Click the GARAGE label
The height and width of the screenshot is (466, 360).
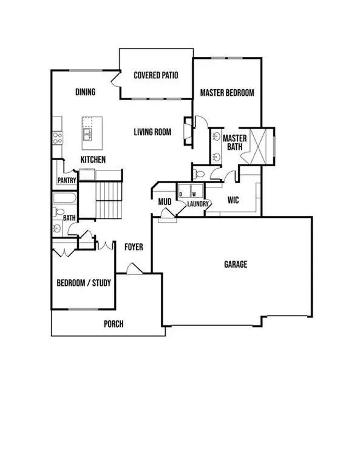[x=236, y=265]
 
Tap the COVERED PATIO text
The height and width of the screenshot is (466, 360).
[x=155, y=76]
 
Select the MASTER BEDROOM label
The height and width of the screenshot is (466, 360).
[x=227, y=93]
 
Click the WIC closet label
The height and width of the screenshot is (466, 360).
[x=234, y=200]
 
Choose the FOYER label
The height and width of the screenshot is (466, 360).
[x=134, y=247]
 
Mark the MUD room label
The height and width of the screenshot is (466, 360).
[x=164, y=201]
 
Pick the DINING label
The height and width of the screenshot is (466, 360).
[x=85, y=92]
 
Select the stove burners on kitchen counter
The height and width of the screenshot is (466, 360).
[x=58, y=137]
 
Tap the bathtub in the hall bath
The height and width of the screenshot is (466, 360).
[x=63, y=198]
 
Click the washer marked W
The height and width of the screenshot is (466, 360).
[x=194, y=194]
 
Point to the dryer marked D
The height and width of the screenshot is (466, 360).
[x=182, y=194]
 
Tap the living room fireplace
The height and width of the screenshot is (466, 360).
[x=188, y=130]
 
